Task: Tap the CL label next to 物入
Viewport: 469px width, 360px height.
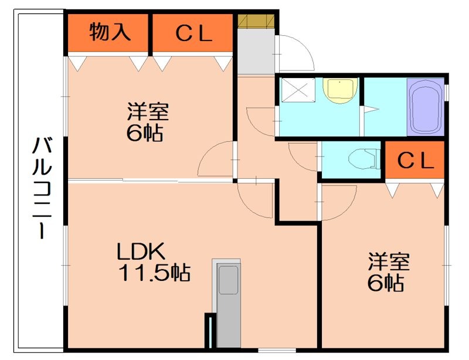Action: click(x=193, y=34)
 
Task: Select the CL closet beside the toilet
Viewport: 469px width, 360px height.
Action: click(x=415, y=159)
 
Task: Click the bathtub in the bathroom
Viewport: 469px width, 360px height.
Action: click(x=426, y=107)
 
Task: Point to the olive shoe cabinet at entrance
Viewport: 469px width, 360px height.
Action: click(x=256, y=20)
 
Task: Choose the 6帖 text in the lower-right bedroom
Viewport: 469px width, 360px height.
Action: click(x=385, y=283)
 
